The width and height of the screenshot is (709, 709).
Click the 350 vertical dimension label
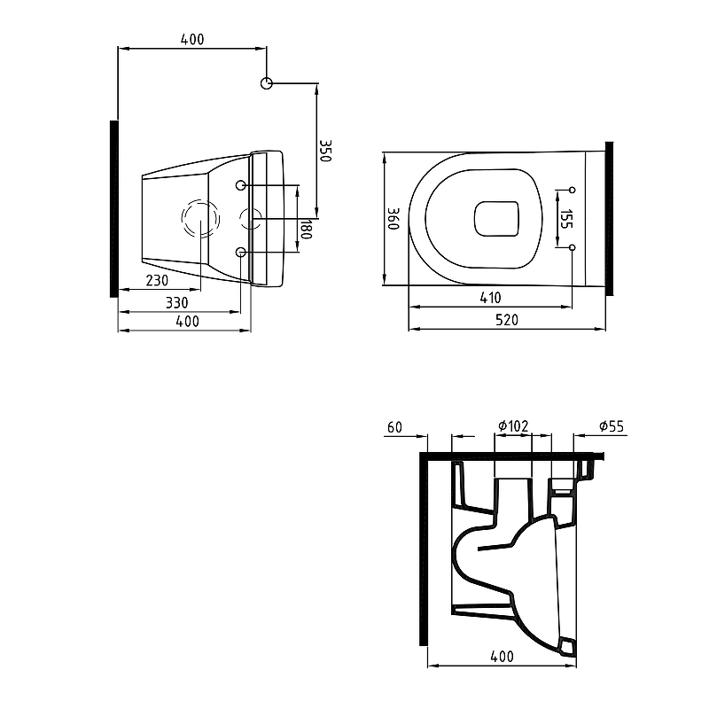pyautogui.click(x=325, y=150)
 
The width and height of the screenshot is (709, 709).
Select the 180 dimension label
pyautogui.click(x=306, y=230)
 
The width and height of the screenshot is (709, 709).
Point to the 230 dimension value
pyautogui.click(x=157, y=280)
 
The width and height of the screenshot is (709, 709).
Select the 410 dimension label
pyautogui.click(x=490, y=298)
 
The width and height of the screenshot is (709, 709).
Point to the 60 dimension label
pyautogui.click(x=394, y=427)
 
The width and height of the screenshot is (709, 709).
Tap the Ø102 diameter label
pyautogui.click(x=513, y=427)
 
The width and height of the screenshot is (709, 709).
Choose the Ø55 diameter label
pyautogui.click(x=612, y=427)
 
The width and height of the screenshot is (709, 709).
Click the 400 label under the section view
pyautogui.click(x=502, y=657)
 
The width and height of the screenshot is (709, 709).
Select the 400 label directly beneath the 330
pyautogui.click(x=187, y=322)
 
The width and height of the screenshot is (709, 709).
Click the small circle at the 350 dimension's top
pyautogui.click(x=267, y=83)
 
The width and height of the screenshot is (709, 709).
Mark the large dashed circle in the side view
pyautogui.click(x=201, y=219)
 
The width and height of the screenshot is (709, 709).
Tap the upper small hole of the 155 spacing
pyautogui.click(x=572, y=190)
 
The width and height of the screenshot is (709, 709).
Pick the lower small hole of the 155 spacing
pyautogui.click(x=572, y=247)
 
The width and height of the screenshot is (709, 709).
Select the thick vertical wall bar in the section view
pyautogui.click(x=423, y=549)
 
